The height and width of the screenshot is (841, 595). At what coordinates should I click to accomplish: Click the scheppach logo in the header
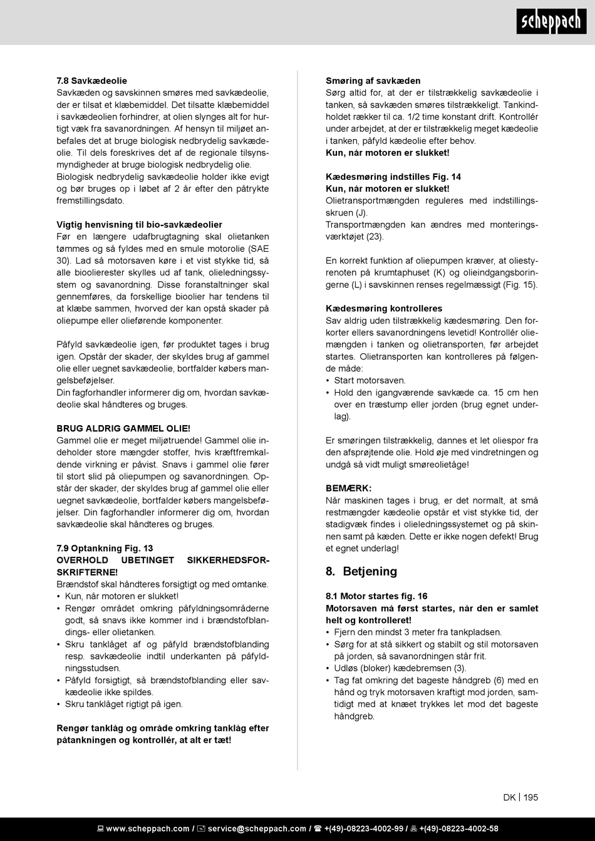click(x=551, y=22)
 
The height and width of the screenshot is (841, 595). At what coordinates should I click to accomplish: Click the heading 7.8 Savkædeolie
click(x=91, y=81)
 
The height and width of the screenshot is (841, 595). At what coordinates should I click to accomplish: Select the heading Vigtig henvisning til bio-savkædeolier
click(x=139, y=225)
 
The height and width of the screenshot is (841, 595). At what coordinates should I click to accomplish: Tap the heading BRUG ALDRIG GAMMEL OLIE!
click(x=123, y=428)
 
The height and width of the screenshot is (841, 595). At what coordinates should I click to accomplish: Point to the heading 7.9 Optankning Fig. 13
click(x=105, y=549)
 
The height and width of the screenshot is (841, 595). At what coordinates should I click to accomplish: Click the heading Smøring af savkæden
click(x=373, y=81)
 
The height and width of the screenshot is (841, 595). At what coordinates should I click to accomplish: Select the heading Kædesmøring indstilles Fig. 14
click(x=393, y=177)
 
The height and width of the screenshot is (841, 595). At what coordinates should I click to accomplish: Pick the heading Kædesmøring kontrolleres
click(x=384, y=308)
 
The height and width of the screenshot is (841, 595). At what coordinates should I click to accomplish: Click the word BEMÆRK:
click(x=349, y=488)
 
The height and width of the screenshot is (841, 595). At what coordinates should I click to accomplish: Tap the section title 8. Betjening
click(x=361, y=571)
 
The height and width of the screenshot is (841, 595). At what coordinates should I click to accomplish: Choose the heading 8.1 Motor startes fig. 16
click(x=376, y=596)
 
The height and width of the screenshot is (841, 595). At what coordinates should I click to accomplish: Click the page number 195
click(x=530, y=797)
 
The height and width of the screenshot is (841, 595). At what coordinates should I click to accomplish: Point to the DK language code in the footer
click(x=509, y=797)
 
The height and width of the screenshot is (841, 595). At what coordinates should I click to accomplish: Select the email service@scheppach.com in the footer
click(x=257, y=828)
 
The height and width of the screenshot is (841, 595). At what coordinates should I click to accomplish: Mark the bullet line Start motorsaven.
click(x=370, y=380)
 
